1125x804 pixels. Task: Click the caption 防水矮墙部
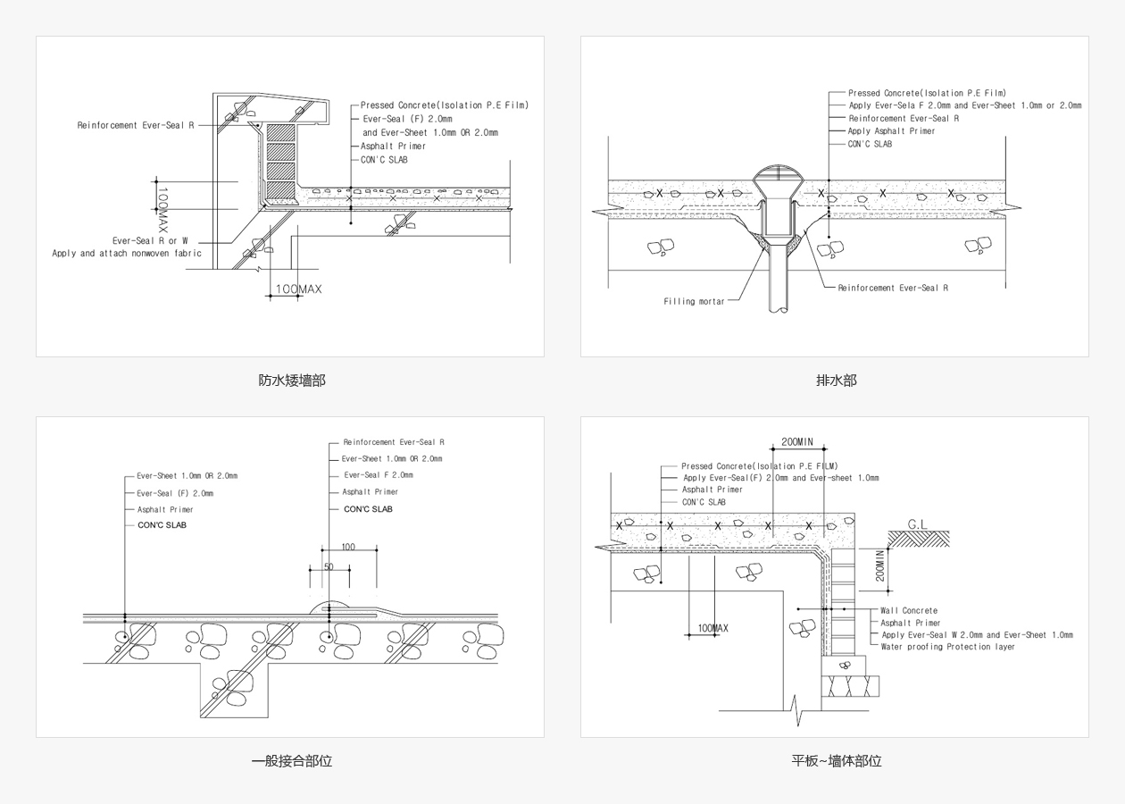(x=292, y=381)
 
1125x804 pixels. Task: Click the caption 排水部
(x=836, y=381)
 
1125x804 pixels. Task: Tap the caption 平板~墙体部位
(x=836, y=761)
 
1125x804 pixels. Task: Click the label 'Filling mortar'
(x=694, y=302)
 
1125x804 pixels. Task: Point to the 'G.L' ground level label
(x=917, y=524)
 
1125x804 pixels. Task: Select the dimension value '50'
(x=329, y=567)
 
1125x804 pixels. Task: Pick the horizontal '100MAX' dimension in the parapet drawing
(x=298, y=289)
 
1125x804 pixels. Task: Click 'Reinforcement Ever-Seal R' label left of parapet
(x=136, y=126)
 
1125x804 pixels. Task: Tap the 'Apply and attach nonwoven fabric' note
(x=127, y=254)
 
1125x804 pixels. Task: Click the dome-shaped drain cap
(x=774, y=173)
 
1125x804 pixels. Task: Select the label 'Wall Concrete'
(x=909, y=611)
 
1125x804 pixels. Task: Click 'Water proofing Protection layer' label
(x=947, y=647)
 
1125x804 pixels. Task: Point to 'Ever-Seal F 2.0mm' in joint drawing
(x=379, y=475)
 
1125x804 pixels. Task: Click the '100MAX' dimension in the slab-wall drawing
(x=712, y=628)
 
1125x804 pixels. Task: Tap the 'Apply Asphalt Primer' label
(x=891, y=131)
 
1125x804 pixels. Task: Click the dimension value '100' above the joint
(x=348, y=547)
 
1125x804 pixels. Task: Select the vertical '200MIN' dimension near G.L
(x=880, y=565)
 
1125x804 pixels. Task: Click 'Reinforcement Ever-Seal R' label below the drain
(x=893, y=288)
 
